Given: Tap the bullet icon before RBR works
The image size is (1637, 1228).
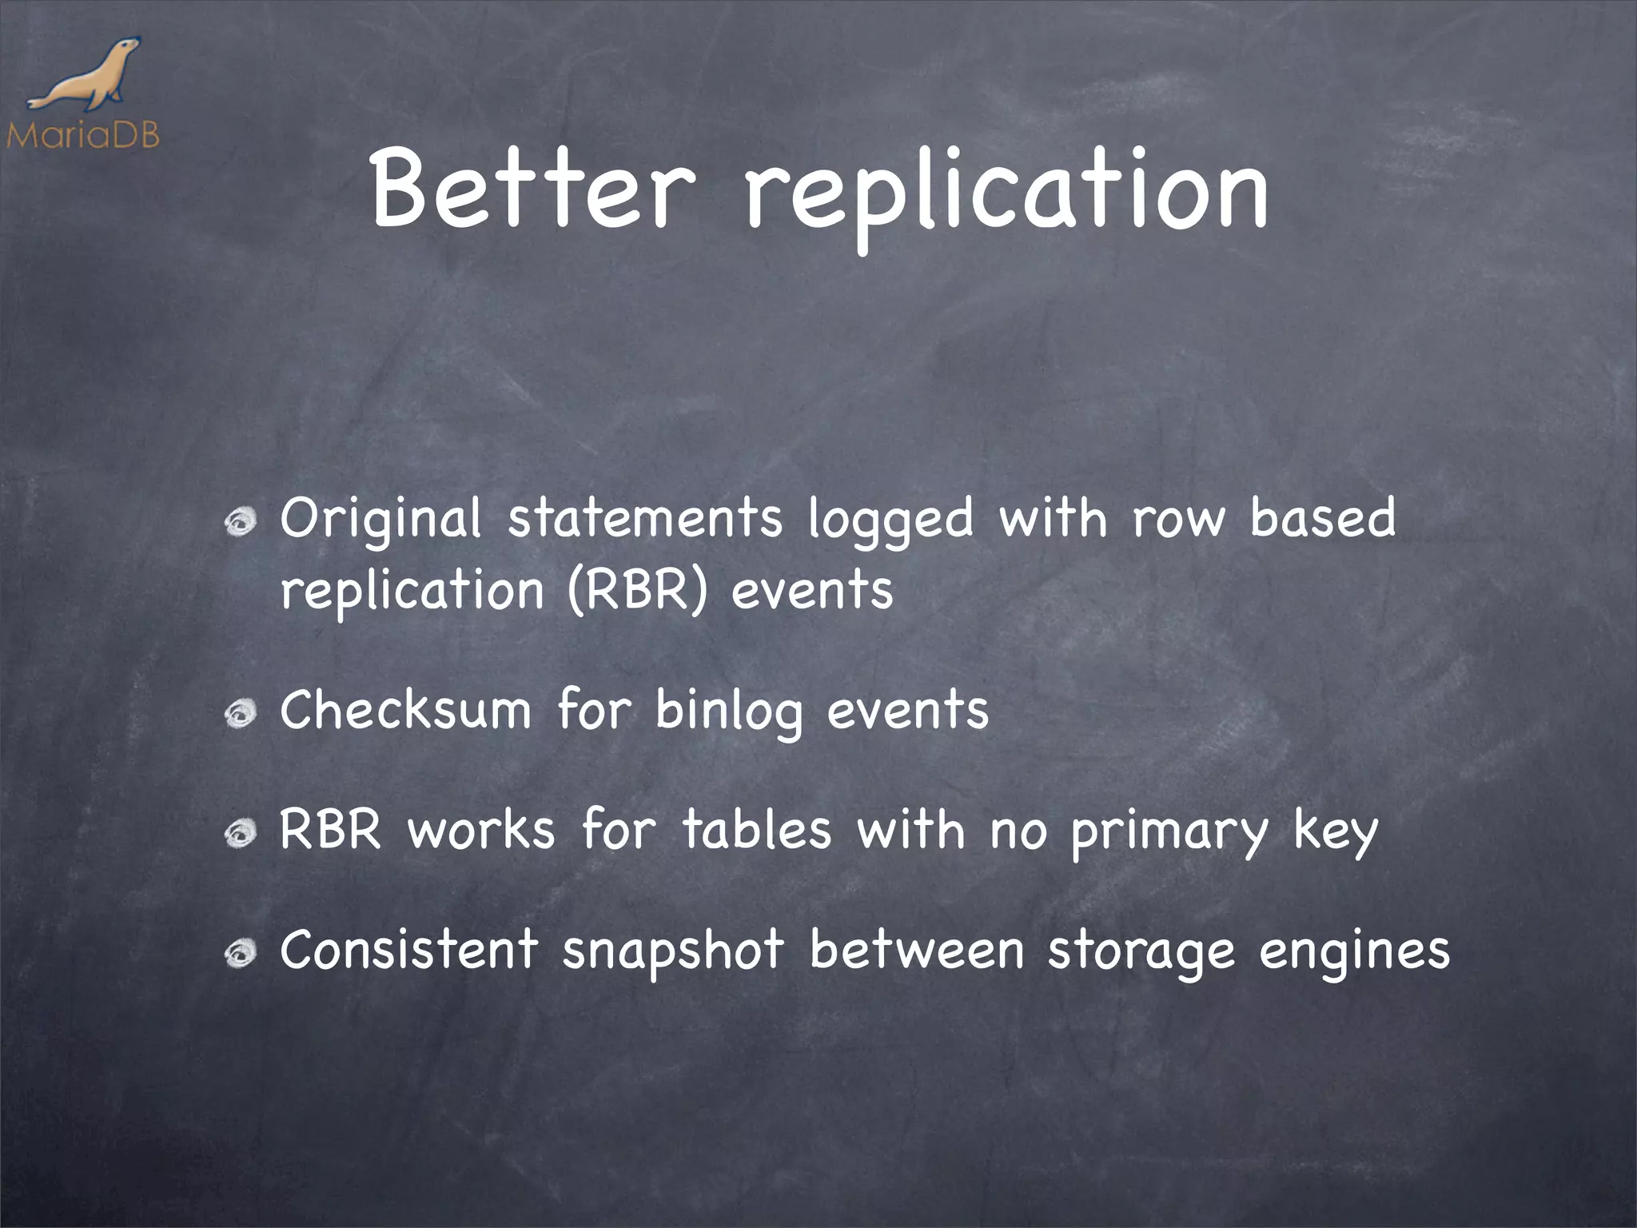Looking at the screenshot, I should [240, 833].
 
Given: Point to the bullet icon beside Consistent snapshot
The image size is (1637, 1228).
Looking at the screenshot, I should [240, 952].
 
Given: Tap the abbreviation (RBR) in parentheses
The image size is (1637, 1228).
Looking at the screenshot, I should [637, 590].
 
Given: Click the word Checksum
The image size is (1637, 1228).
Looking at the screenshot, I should [405, 709].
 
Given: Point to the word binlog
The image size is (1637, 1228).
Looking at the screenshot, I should [728, 712].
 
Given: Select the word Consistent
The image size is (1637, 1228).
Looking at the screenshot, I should [409, 949].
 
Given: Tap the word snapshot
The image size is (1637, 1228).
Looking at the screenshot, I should [673, 951].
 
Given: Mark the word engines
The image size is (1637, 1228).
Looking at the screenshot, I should [1354, 951].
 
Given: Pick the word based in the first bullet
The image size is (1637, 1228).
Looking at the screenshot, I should [1322, 517].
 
